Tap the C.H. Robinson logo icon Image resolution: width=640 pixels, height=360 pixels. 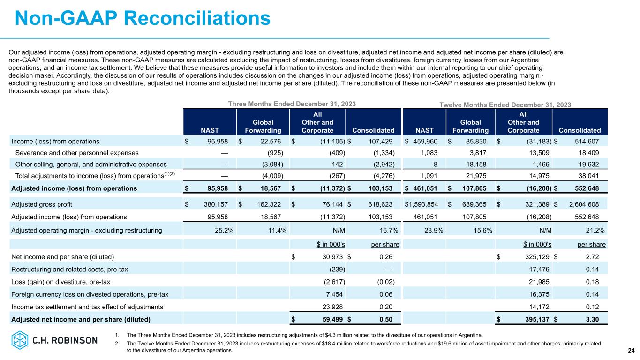pyautogui.click(x=20, y=340)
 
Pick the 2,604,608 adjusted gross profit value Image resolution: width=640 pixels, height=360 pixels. pyautogui.click(x=584, y=204)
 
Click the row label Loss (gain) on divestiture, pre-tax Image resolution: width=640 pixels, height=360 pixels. pyautogui.click(x=61, y=282)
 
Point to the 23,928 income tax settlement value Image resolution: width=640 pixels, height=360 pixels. pyautogui.click(x=332, y=307)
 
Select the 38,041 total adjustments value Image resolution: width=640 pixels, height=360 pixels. pyautogui.click(x=593, y=176)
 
